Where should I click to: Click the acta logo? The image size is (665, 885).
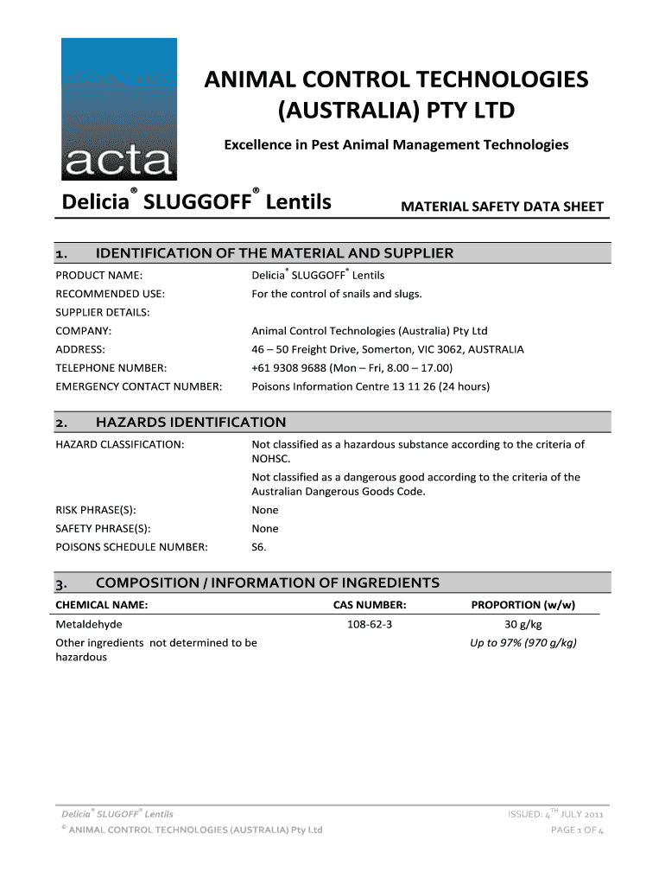[x=118, y=110]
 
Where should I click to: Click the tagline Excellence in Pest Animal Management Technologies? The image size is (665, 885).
[x=396, y=144]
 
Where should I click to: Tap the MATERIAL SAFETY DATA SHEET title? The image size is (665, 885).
[x=502, y=207]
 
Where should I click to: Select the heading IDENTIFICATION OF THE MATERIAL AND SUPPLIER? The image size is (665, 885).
[x=274, y=253]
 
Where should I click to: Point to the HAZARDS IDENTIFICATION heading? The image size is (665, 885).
[x=190, y=423]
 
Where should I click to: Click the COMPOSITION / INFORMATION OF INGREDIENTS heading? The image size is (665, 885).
[x=267, y=583]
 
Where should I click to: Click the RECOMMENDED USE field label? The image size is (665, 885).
[x=110, y=294]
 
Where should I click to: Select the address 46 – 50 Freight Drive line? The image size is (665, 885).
[x=387, y=350]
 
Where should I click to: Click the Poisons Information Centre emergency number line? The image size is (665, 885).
[x=370, y=386]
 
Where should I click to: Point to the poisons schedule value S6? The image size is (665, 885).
[x=259, y=547]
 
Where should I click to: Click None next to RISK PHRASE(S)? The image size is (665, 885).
[x=265, y=510]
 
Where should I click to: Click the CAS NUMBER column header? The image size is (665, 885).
[x=370, y=605]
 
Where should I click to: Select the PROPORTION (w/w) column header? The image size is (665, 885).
[x=523, y=605]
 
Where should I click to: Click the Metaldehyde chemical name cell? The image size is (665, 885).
[x=89, y=624]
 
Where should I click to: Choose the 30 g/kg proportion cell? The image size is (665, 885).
[x=523, y=624]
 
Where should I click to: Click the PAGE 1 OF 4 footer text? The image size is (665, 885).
[x=577, y=831]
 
